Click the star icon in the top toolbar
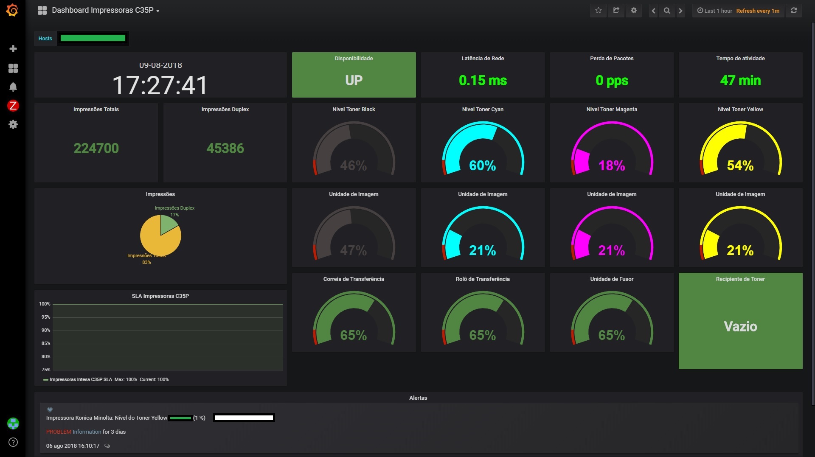coord(598,11)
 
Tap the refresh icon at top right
coord(793,11)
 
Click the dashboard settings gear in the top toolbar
coord(634,11)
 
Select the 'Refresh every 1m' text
coord(757,11)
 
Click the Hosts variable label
coord(45,39)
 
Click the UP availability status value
coord(354,81)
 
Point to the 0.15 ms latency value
coord(483,81)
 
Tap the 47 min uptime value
coord(740,81)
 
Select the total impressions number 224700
coord(96,148)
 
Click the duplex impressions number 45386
coord(225,148)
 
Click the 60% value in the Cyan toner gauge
coord(482,165)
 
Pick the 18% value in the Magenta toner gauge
coord(611,165)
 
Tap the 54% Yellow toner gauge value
coord(740,165)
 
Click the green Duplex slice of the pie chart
coord(168,225)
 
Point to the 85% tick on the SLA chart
coord(46,343)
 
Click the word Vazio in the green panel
coord(740,326)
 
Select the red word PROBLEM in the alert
coord(59,432)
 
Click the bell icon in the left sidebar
coord(13,87)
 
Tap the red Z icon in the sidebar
coord(13,106)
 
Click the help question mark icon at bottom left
coord(13,442)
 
